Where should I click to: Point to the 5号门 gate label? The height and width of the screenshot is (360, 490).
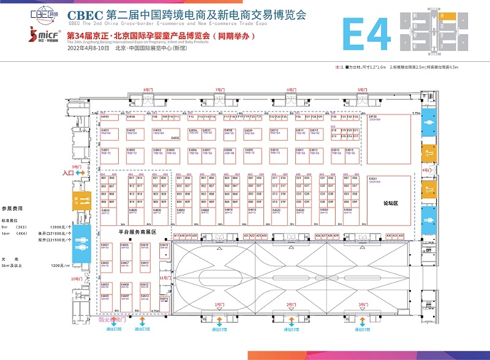tap(363, 90)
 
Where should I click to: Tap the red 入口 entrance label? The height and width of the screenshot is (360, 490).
tap(68, 173)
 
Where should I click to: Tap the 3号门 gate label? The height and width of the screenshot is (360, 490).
tap(364, 304)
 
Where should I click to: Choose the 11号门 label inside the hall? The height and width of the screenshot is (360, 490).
tap(164, 278)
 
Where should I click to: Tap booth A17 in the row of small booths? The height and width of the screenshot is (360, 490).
tap(176, 235)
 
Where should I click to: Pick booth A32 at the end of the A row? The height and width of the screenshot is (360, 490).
tap(402, 235)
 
